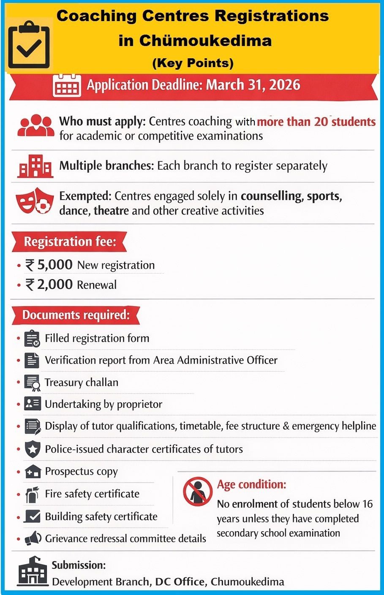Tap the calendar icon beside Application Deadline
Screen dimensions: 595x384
67,86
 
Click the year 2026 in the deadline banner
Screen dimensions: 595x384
284,84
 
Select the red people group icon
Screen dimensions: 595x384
35,125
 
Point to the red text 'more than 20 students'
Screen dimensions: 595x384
316,122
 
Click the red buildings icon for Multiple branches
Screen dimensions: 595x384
35,166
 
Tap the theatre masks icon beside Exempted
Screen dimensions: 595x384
35,201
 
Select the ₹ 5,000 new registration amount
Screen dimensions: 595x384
49,265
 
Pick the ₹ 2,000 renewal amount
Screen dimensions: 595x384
49,284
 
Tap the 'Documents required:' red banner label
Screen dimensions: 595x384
76,315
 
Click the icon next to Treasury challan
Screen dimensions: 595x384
32,382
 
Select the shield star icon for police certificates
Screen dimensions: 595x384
33,449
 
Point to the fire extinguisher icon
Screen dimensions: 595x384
32,494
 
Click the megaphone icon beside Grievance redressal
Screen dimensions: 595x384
33,538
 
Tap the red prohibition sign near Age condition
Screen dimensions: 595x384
197,492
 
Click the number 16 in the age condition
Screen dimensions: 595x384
367,504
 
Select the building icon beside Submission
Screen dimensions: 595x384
33,571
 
